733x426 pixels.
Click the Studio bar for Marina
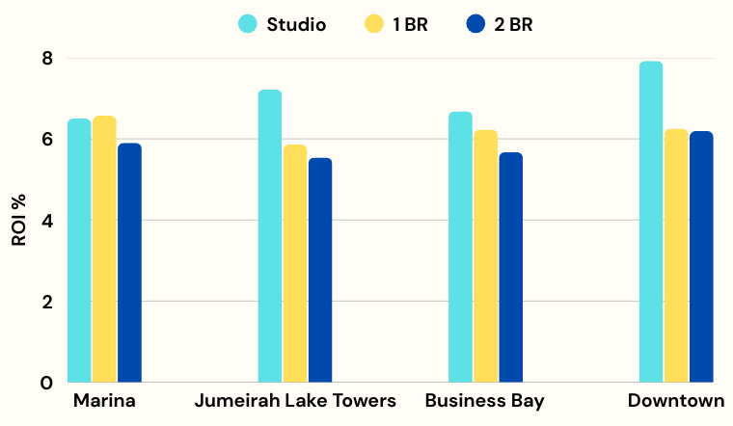coord(79,251)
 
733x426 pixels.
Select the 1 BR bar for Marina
coord(104,249)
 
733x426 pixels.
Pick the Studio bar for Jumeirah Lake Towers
coord(270,236)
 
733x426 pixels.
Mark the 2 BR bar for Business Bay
coord(511,267)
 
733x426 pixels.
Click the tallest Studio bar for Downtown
coord(651,222)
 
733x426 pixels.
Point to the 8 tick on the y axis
coord(46,59)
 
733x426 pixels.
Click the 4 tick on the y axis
coord(46,221)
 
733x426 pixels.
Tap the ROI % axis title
coord(18,220)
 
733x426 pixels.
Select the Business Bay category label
coord(485,401)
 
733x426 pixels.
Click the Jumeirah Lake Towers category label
coord(295,401)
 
